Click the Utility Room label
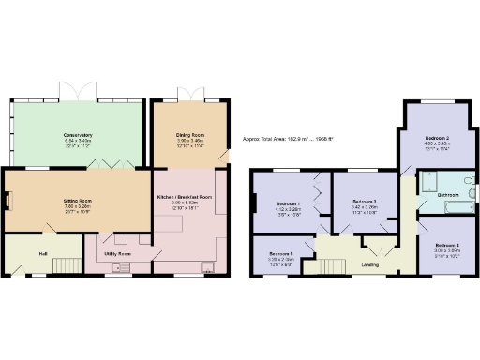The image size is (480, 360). [118, 254]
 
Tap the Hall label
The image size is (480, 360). [43, 253]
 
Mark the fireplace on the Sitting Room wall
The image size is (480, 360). [7, 200]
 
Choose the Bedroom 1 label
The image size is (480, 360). [287, 203]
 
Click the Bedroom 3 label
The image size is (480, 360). [364, 202]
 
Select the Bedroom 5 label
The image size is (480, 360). [281, 254]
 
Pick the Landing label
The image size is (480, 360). [370, 265]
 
